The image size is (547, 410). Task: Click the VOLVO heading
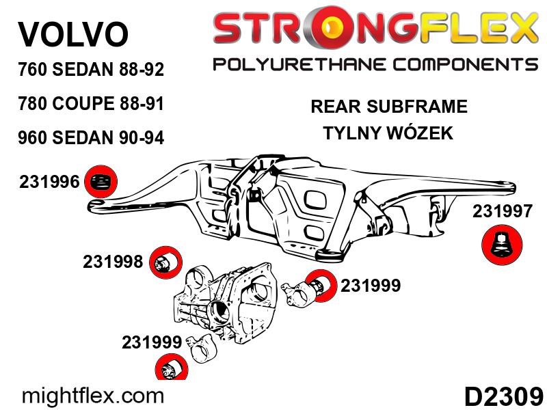pos(72,34)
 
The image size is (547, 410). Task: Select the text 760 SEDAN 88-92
pos(90,70)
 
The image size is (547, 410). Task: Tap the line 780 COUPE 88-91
pos(90,105)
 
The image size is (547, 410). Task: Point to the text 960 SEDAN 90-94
pos(90,138)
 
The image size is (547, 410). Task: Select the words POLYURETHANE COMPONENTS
pos(375,65)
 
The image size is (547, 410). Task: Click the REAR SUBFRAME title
pos(388,107)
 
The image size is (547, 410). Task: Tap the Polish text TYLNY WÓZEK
pos(388,133)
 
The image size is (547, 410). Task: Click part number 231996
pos(50,182)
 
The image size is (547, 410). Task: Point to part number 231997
pos(502,212)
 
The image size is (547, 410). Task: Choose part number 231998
pos(113,262)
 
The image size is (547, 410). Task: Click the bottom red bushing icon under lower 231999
pos(169,370)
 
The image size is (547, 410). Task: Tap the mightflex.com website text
pos(94,395)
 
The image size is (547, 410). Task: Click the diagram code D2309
pos(503,396)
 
